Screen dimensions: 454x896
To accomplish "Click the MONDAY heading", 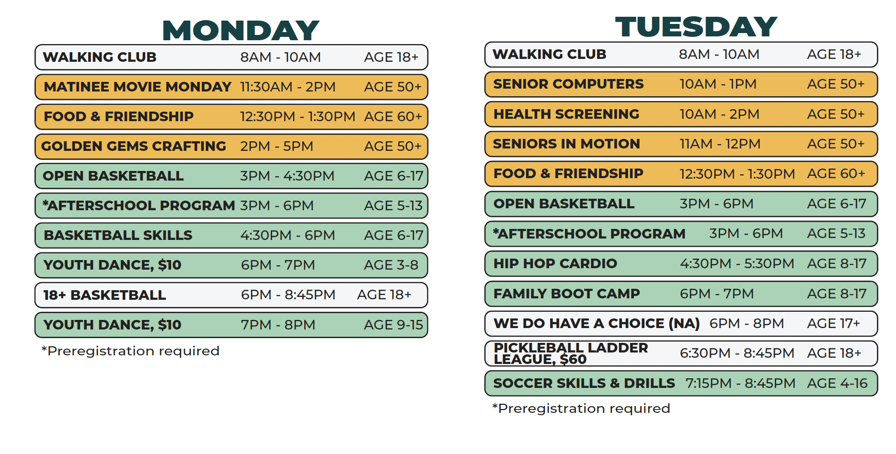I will click(241, 30).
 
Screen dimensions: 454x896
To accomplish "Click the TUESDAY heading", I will click(696, 27).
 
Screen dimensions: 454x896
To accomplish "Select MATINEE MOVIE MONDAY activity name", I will click(138, 87).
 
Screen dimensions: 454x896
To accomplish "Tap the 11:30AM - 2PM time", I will click(287, 87).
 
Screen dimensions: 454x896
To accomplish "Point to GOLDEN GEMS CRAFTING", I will click(134, 146).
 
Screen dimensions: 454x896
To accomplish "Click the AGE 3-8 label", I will click(391, 265).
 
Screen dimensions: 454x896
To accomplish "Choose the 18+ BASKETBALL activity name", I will click(104, 295).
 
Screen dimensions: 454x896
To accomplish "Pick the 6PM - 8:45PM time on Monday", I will click(288, 295).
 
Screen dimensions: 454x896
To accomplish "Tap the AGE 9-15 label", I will click(393, 325).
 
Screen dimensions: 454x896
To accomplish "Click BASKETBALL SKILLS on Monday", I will click(118, 235).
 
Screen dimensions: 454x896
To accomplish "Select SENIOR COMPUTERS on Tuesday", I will click(568, 84).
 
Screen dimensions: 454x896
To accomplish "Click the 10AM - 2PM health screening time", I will click(719, 114).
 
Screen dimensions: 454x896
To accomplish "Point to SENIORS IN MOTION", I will click(566, 144).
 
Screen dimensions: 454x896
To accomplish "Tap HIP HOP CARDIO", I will click(555, 263).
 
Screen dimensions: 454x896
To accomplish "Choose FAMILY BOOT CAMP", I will click(566, 294).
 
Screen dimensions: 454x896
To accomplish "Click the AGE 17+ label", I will click(833, 323).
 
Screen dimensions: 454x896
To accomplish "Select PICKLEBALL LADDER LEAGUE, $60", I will click(570, 353).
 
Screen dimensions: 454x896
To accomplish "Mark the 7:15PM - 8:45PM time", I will click(740, 383).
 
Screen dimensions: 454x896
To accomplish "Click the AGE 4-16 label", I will click(837, 383).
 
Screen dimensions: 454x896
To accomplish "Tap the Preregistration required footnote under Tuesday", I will click(581, 409).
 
